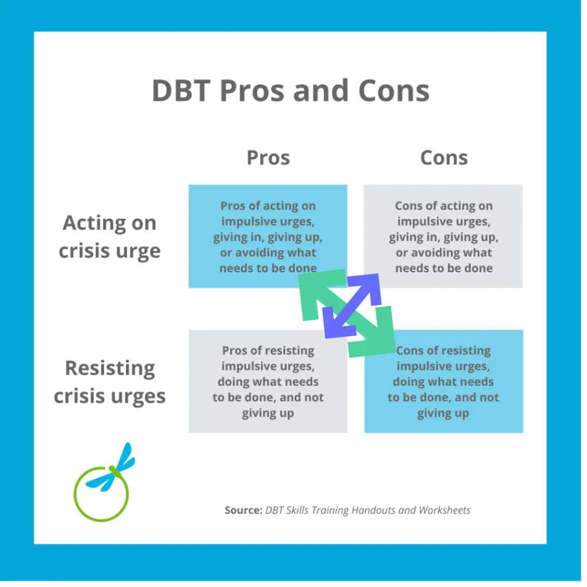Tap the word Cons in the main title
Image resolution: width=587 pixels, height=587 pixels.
click(x=394, y=91)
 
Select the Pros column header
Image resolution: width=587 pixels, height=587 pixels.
click(x=268, y=158)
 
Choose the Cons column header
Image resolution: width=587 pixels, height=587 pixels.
click(x=444, y=158)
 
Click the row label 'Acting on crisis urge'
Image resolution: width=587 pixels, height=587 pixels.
click(x=109, y=237)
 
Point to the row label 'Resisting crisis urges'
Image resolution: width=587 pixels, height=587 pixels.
click(x=109, y=382)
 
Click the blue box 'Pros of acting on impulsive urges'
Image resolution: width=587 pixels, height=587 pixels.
click(x=268, y=236)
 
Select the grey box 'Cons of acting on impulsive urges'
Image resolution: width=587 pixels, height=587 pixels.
click(x=443, y=236)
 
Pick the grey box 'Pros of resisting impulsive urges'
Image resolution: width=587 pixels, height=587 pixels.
click(x=268, y=381)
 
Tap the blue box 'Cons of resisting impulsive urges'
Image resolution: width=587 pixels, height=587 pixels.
click(x=444, y=381)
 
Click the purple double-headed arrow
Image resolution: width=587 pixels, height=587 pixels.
click(x=352, y=306)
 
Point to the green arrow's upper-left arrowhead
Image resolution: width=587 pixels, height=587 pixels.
click(x=318, y=292)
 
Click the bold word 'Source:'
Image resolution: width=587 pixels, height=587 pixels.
click(x=243, y=510)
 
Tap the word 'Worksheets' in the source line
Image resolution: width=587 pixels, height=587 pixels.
click(x=444, y=510)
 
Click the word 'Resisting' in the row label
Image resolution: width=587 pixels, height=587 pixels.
click(x=109, y=369)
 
